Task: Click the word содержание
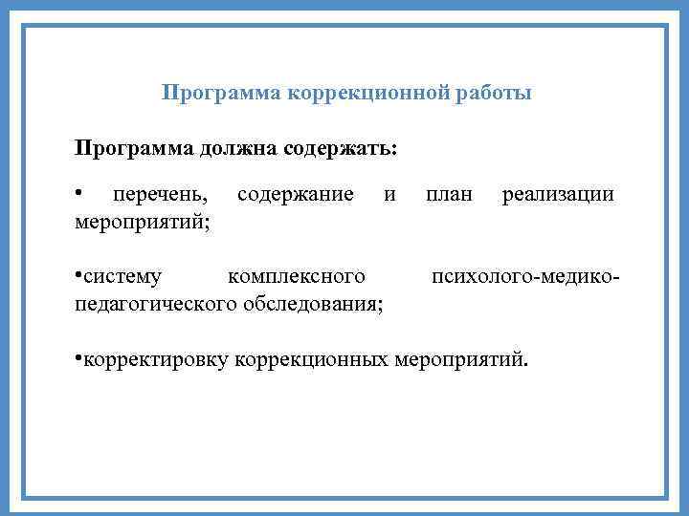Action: tap(296, 196)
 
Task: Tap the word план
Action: tap(450, 196)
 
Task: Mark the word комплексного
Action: tap(297, 278)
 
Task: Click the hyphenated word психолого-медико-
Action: tap(525, 278)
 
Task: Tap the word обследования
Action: tap(314, 304)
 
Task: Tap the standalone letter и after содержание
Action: tap(389, 196)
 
